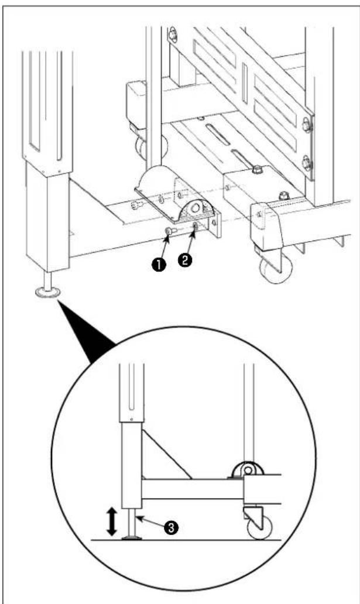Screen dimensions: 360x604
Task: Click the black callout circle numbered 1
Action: click(x=160, y=265)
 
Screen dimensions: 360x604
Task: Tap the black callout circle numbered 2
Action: click(x=184, y=260)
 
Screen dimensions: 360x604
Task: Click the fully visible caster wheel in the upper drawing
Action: click(x=275, y=267)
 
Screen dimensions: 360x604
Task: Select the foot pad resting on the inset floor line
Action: click(x=132, y=537)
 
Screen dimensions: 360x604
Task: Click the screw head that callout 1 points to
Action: click(x=169, y=231)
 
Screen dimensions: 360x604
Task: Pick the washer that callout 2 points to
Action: click(x=196, y=226)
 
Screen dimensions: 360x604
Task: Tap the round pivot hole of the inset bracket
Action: click(x=248, y=471)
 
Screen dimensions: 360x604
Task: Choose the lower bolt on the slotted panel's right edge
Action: click(x=307, y=163)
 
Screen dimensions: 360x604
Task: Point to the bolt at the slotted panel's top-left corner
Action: click(x=173, y=34)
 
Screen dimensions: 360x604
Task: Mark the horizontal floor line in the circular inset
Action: click(x=186, y=540)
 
